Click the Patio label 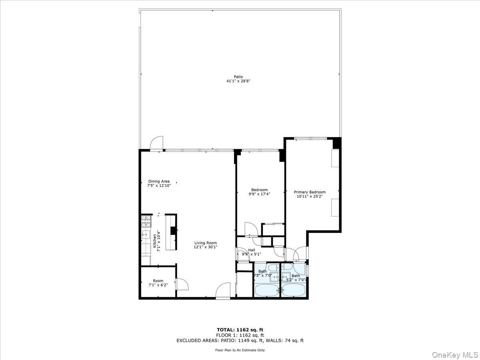pos(238,77)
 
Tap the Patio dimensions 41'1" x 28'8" pos(238,81)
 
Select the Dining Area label pos(159,181)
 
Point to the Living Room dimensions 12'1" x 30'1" pos(206,247)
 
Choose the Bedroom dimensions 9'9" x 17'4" pos(259,194)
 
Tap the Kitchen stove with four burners pos(146,220)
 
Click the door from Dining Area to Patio pos(156,143)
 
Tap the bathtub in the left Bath pos(267,290)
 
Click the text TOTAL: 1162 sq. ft pos(240,330)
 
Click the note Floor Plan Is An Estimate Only pos(240,350)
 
